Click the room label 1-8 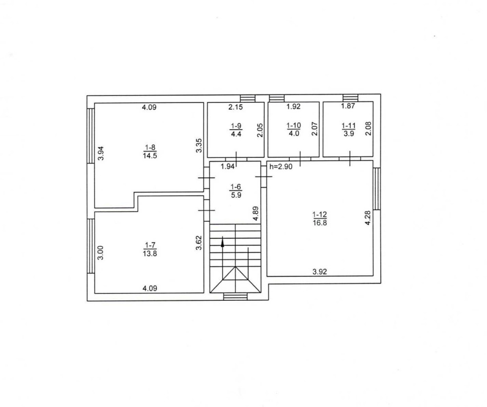click(150, 147)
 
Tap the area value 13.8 click(150, 253)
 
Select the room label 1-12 click(319, 214)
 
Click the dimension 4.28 click(368, 217)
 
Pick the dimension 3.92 click(319, 272)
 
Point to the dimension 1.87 click(348, 106)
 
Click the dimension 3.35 click(199, 146)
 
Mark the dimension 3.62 click(199, 243)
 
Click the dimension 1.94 click(227, 167)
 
